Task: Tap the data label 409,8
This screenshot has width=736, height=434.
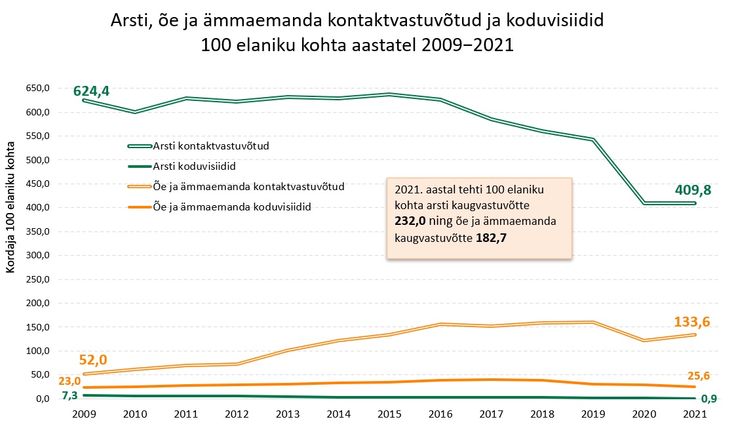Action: click(693, 190)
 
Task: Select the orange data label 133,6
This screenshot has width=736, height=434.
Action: click(692, 322)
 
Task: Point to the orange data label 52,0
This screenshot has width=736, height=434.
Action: click(93, 360)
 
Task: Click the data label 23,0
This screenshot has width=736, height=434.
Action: click(69, 382)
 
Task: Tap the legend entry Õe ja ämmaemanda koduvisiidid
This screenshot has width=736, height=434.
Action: click(231, 207)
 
